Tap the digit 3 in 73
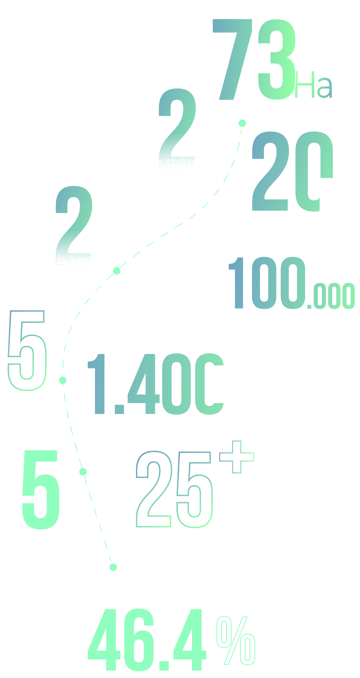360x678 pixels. pyautogui.click(x=276, y=59)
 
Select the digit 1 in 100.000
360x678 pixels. pyautogui.click(x=238, y=283)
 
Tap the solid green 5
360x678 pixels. pyautogui.click(x=41, y=489)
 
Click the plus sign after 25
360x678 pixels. pyautogui.click(x=237, y=457)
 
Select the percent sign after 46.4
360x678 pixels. pyautogui.click(x=236, y=641)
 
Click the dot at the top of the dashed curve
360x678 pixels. pyautogui.click(x=242, y=123)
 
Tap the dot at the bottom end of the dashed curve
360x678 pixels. pyautogui.click(x=113, y=567)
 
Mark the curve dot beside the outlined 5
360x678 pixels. pyautogui.click(x=63, y=380)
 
